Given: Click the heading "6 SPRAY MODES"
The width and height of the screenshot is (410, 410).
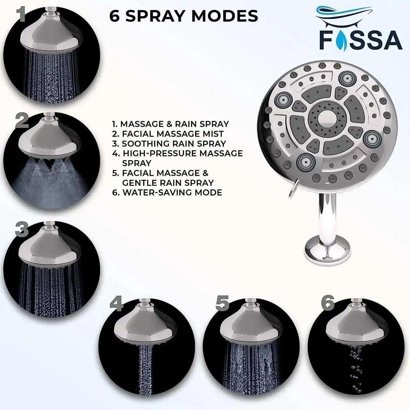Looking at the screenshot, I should tap(184, 16).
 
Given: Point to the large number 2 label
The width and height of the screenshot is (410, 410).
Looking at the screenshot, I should tap(22, 121).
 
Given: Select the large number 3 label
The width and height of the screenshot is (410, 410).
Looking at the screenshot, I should tap(22, 229).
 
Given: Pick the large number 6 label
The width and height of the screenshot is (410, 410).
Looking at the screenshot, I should tap(328, 302).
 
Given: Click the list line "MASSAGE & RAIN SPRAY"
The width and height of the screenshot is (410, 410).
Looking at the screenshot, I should tap(174, 124).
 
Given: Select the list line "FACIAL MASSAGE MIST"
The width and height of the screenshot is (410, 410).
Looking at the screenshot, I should tap(172, 134).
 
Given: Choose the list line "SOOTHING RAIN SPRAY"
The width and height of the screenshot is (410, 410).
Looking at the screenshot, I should tap(174, 144).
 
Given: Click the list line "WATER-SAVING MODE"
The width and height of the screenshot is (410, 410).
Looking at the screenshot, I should tap(172, 193).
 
